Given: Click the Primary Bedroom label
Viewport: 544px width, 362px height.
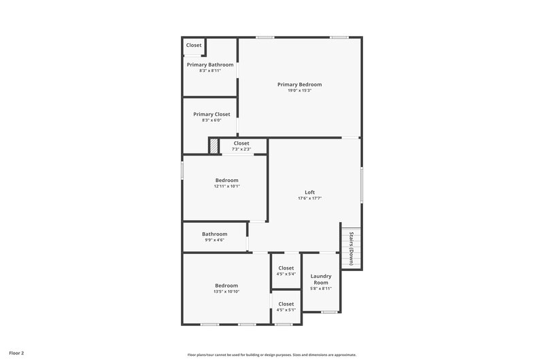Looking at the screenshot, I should click(x=299, y=84).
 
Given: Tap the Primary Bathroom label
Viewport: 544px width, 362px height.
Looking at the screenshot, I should click(x=210, y=65).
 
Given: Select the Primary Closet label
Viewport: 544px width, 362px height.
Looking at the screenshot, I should click(x=211, y=114).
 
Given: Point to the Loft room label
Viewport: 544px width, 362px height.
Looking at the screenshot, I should click(x=309, y=192).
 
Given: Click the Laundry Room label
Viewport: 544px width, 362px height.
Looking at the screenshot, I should click(x=320, y=278).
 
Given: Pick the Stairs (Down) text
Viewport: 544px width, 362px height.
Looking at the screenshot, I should click(x=351, y=248).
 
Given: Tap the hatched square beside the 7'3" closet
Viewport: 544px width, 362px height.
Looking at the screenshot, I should click(x=214, y=146).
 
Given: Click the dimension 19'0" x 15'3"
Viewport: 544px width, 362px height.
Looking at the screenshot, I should click(x=299, y=90).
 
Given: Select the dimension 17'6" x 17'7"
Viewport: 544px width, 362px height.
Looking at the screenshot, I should click(x=309, y=198).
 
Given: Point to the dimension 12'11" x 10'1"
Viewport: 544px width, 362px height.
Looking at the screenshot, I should click(x=227, y=186).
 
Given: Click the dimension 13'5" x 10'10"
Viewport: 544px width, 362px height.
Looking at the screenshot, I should click(x=226, y=291).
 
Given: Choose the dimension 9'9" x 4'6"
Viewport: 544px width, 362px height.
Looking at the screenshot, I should click(x=214, y=240).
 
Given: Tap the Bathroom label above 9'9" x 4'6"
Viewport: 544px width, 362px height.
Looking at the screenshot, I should click(x=214, y=234).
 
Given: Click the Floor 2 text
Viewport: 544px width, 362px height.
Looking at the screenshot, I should click(x=16, y=353).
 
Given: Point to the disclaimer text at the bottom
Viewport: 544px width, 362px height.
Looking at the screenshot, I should click(x=271, y=355).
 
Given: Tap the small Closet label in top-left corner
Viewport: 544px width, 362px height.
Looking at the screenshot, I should click(x=194, y=46).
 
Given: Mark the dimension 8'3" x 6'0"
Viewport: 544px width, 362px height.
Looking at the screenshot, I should click(x=211, y=120).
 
